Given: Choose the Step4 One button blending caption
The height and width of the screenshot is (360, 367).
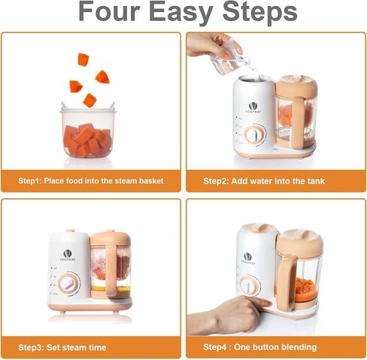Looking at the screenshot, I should (x=260, y=347).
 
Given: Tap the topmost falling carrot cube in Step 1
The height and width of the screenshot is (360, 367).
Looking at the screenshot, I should (x=83, y=59).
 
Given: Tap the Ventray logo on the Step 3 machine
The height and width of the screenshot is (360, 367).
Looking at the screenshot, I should (x=68, y=256).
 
